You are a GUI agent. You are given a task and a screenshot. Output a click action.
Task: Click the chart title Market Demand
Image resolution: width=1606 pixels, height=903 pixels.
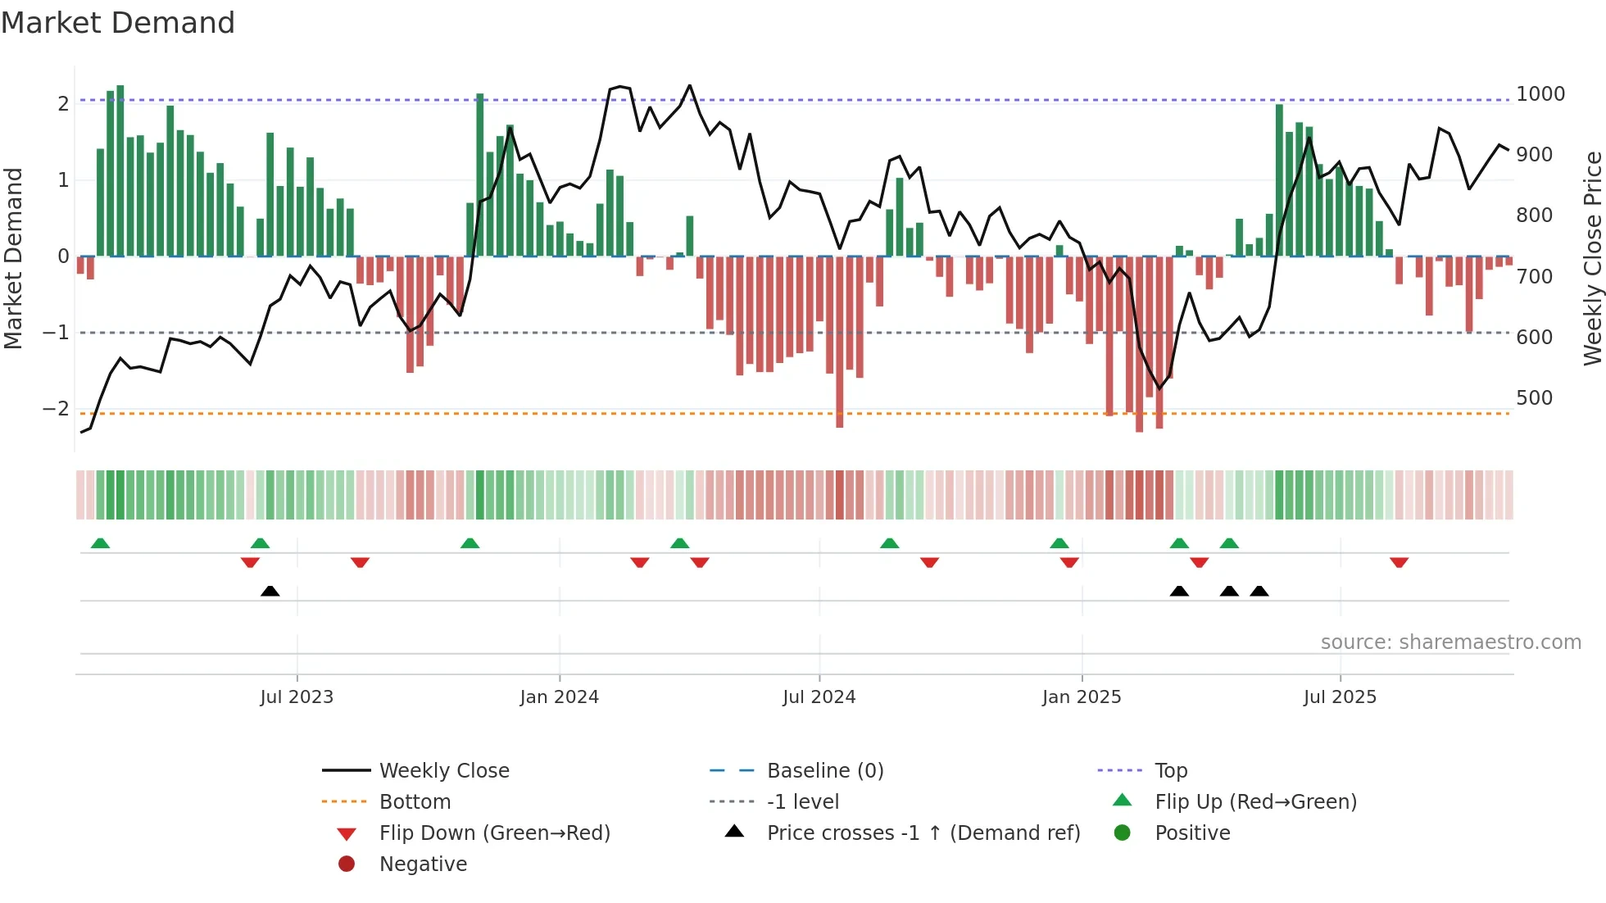coord(118,23)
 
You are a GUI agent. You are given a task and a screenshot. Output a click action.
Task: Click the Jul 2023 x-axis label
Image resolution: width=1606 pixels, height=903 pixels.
coord(297,697)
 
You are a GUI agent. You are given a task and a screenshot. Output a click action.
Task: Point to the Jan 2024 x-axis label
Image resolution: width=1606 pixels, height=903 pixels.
coord(559,697)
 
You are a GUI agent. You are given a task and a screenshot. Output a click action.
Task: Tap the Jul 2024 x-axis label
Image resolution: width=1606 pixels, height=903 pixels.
coord(819,697)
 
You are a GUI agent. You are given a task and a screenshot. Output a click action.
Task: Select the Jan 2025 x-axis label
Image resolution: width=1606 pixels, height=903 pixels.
coord(1081,697)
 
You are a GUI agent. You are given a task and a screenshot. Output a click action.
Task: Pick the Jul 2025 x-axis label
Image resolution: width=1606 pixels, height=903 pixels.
coord(1340,697)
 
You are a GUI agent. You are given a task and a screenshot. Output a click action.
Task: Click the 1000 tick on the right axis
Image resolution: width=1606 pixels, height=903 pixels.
coord(1540,94)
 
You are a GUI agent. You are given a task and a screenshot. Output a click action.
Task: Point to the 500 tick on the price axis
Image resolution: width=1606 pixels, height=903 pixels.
coord(1534,398)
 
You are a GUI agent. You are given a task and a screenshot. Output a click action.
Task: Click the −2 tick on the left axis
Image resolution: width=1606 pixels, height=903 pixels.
coord(56,409)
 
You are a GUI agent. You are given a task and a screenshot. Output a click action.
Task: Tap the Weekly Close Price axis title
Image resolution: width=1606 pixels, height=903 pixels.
coord(1592,258)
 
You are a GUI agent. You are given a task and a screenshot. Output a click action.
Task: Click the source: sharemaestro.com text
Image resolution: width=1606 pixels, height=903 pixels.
coord(1450,642)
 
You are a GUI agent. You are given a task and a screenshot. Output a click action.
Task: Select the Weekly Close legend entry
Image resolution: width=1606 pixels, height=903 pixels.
coord(443,771)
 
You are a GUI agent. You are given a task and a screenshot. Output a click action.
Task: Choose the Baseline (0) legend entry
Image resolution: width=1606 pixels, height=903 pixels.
coord(824,771)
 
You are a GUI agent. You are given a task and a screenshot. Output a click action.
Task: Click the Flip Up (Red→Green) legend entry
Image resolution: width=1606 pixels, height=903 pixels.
coord(1255,802)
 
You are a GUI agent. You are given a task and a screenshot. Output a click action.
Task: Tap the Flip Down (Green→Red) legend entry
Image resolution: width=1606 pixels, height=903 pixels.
coord(494,833)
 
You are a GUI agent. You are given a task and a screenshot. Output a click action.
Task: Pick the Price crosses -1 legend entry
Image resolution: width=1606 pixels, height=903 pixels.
coord(923,833)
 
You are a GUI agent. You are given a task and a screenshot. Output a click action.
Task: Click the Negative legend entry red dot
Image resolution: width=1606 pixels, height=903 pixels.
coord(347,864)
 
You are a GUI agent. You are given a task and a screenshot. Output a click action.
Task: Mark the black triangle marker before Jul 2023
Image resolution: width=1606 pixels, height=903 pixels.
coord(270,591)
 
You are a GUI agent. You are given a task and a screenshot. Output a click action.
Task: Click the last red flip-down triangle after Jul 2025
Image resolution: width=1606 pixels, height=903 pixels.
coord(1399,562)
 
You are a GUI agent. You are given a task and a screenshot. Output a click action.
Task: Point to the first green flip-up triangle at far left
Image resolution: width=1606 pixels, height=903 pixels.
coord(100,543)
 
